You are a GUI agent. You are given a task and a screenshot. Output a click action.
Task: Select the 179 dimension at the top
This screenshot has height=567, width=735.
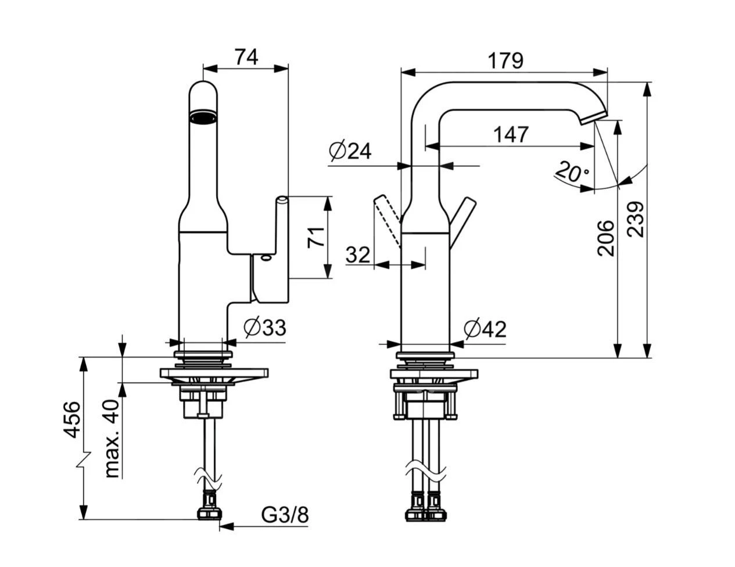(x=505, y=60)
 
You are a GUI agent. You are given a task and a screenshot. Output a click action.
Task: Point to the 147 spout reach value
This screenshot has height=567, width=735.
(x=511, y=134)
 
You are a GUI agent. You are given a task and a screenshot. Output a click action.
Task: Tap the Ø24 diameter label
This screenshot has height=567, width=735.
(x=350, y=151)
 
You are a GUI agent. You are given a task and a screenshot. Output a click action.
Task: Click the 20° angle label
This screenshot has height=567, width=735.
(x=572, y=172)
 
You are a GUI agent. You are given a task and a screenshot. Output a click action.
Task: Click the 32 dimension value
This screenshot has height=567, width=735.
(x=358, y=255)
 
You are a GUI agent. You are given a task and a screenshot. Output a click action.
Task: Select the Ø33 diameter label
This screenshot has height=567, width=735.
(x=265, y=328)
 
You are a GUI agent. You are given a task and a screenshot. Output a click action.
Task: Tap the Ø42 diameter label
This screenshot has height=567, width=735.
(x=485, y=329)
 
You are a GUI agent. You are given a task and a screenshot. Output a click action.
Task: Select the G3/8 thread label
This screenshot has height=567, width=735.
(x=285, y=514)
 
